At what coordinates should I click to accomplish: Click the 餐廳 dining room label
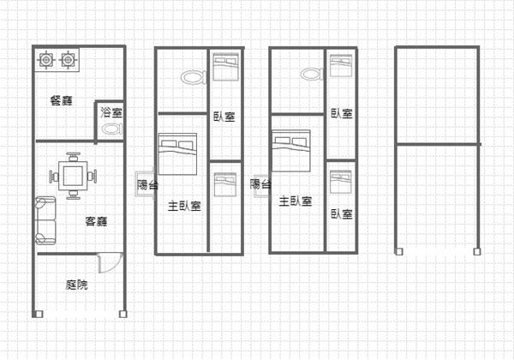62,100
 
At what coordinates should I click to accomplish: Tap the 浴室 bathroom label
111,112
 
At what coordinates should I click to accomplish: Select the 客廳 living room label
96,221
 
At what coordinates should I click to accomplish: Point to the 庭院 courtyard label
77,285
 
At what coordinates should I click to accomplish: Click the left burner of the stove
45,60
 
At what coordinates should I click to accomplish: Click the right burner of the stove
68,60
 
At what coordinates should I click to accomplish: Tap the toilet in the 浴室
112,129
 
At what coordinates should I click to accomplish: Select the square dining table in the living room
73,176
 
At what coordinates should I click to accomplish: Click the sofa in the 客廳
45,220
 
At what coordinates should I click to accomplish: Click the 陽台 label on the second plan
147,184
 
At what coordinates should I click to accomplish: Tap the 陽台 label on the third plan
260,184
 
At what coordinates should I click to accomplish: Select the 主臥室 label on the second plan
184,206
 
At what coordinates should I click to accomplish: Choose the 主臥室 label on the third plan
296,201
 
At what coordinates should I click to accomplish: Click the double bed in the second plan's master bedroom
177,153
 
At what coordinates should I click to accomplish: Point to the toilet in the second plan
194,77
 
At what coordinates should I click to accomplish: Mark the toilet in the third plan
313,74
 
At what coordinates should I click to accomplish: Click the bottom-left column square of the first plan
39,314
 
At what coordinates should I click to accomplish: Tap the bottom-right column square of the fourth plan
477,251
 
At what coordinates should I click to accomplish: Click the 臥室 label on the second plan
224,117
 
